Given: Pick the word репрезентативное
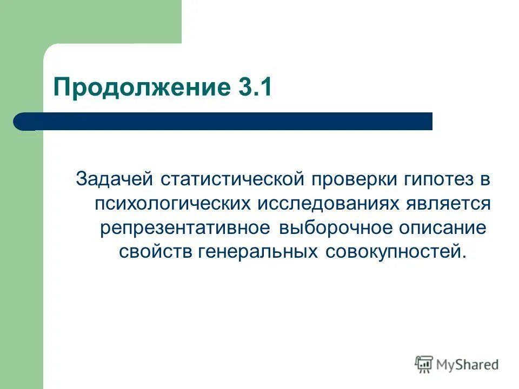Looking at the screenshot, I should (x=184, y=227).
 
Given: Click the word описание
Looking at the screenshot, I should (x=442, y=227).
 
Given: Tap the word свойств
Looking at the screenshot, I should (x=154, y=252).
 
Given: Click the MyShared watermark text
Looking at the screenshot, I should (x=468, y=365).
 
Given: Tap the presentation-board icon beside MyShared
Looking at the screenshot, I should (x=424, y=365).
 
